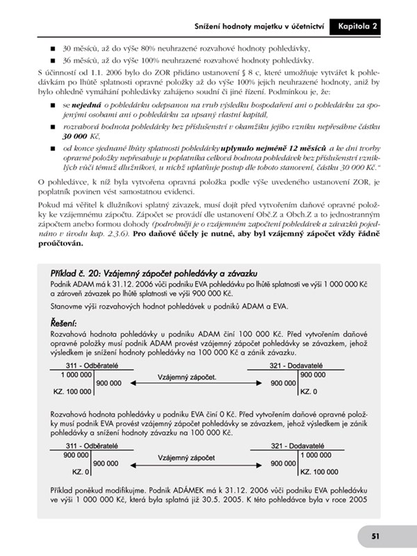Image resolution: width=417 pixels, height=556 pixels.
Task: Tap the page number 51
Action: [375, 536]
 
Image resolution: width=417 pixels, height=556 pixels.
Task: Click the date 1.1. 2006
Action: [99, 73]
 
